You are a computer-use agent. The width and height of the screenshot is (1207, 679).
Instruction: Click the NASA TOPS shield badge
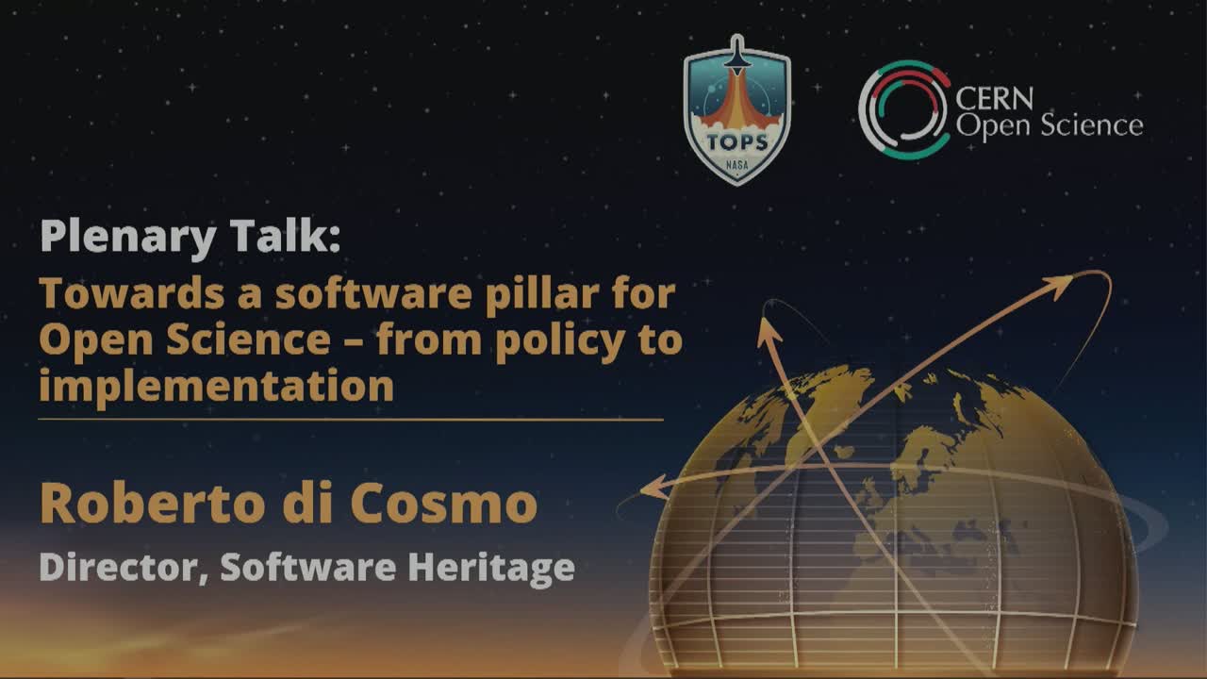pyautogui.click(x=736, y=111)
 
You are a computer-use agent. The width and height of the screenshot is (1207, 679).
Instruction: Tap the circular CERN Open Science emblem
pyautogui.click(x=903, y=109)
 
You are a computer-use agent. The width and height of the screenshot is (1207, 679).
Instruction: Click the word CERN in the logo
pyautogui.click(x=995, y=98)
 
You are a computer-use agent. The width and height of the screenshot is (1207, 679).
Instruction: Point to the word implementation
pyautogui.click(x=216, y=386)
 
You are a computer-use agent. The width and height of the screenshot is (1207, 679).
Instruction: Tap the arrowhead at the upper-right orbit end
pyautogui.click(x=1063, y=284)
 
